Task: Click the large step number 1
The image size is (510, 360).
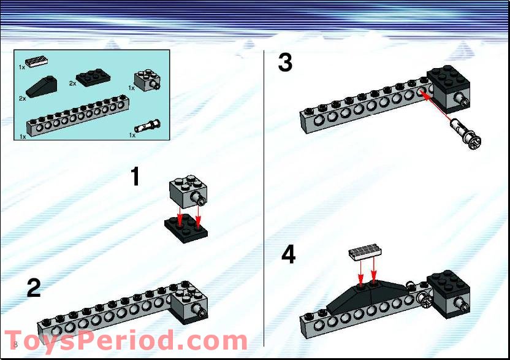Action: pyautogui.click(x=135, y=177)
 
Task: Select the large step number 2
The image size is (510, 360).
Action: pyautogui.click(x=34, y=288)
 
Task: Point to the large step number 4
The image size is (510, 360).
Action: pyautogui.click(x=288, y=255)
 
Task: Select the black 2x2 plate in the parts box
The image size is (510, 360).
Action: pyautogui.click(x=94, y=77)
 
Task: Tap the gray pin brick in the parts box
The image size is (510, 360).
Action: pyautogui.click(x=147, y=80)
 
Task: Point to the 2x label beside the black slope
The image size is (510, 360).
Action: pyautogui.click(x=22, y=98)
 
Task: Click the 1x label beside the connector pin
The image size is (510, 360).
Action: pyautogui.click(x=132, y=135)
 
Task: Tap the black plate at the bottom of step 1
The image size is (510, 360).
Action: pyautogui.click(x=186, y=229)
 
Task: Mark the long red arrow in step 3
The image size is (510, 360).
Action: pyautogui.click(x=438, y=105)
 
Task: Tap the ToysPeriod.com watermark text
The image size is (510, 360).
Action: pyautogui.click(x=126, y=341)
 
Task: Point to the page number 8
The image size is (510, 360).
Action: pyautogui.click(x=15, y=345)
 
